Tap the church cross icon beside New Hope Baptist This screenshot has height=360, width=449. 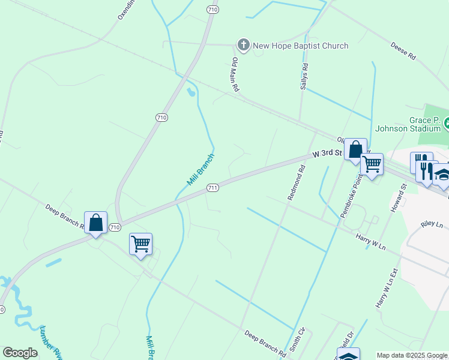(243, 45)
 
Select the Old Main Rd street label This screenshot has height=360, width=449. (236, 75)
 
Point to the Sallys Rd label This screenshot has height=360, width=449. (304, 77)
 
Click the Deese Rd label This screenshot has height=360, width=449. (403, 51)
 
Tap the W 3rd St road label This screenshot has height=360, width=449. (327, 154)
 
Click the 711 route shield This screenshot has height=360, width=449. (212, 188)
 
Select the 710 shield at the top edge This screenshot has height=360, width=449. (211, 10)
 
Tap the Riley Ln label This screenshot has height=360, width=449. (432, 224)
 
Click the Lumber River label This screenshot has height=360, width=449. (50, 343)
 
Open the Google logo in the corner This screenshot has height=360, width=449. (20, 353)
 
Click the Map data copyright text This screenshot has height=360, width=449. (412, 355)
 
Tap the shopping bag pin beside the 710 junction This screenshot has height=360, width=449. (96, 222)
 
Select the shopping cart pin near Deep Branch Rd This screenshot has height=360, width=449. (140, 244)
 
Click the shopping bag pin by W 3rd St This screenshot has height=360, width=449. (355, 149)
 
